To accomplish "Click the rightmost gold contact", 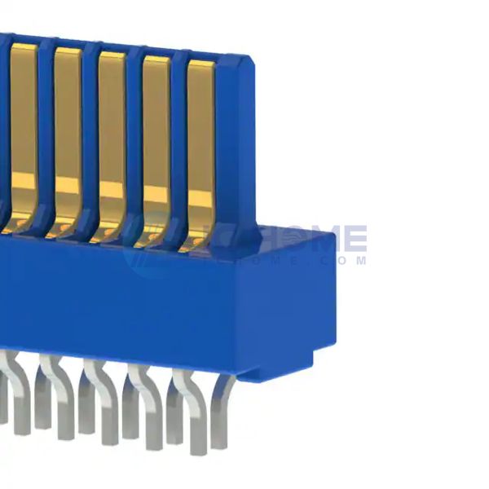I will click(x=200, y=139).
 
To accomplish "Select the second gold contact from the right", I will click(x=156, y=134).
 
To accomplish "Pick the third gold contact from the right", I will click(x=112, y=130).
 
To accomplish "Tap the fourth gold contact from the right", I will click(x=68, y=126).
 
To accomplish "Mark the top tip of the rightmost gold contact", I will click(x=201, y=65).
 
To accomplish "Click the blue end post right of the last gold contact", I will click(x=237, y=147).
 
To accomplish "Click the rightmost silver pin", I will click(x=220, y=416).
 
